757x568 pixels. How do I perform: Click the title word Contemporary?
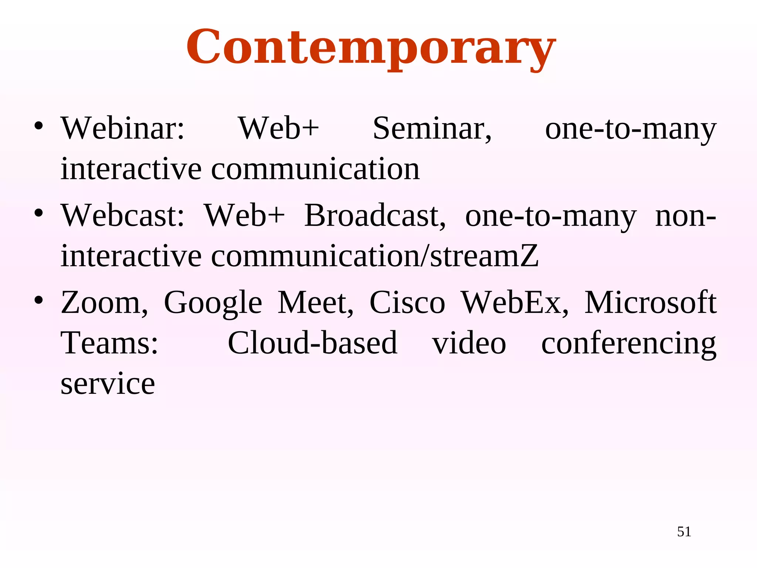click(x=371, y=48)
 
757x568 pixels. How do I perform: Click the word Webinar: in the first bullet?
click(x=123, y=128)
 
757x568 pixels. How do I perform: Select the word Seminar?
click(x=432, y=128)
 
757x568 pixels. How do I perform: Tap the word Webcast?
click(x=123, y=216)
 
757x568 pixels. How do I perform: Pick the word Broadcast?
click(x=375, y=216)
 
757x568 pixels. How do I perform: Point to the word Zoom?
click(x=105, y=303)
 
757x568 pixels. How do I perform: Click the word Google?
click(x=213, y=303)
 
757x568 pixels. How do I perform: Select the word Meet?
click(x=315, y=303)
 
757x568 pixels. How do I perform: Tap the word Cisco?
click(x=407, y=303)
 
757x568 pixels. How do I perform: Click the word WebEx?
click(x=515, y=303)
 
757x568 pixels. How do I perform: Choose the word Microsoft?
click(x=650, y=303)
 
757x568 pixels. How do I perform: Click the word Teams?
click(x=109, y=343)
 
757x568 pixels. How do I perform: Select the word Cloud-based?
click(x=312, y=343)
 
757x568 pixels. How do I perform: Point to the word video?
click(x=469, y=343)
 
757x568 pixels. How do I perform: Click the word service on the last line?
click(x=108, y=384)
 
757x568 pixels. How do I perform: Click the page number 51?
click(x=684, y=532)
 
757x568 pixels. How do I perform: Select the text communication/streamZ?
click(x=374, y=256)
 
